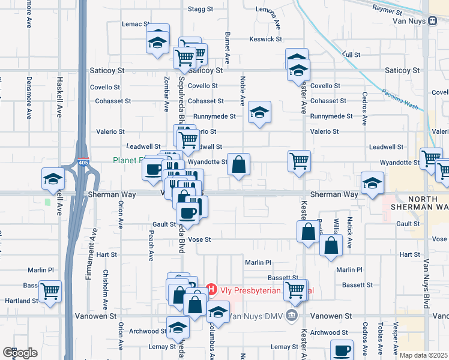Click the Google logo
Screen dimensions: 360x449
tap(19, 353)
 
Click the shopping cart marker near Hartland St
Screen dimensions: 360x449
tap(50, 292)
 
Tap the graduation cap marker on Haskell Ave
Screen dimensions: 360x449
tap(53, 179)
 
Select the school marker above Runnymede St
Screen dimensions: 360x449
tap(259, 112)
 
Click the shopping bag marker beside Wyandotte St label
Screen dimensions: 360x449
tap(238, 164)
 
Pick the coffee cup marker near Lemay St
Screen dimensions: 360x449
tap(342, 350)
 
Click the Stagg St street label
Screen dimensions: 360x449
tap(200, 9)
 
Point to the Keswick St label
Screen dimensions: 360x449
tap(266, 39)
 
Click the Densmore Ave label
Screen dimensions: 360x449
tap(29, 97)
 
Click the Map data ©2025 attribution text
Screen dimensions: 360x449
tap(424, 355)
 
